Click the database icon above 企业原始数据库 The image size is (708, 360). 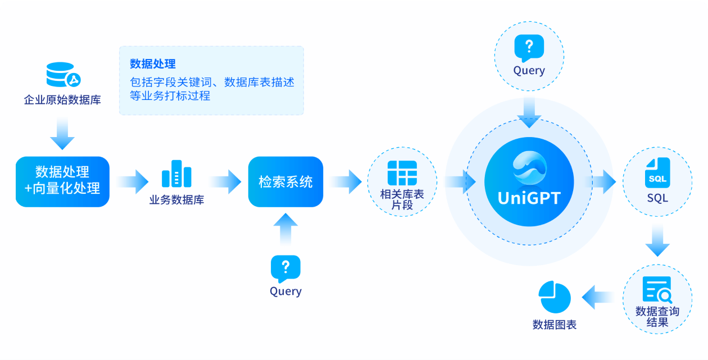(62, 75)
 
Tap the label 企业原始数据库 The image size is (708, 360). (62, 101)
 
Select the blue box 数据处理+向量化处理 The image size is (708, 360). (62, 181)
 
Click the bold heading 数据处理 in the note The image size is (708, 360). (153, 63)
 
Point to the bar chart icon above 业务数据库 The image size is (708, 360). (176, 174)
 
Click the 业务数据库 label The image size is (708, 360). (176, 199)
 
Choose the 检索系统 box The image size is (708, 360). (285, 182)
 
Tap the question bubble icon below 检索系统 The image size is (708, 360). (285, 269)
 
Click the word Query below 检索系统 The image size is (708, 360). (285, 291)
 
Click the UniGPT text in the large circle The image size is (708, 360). (529, 198)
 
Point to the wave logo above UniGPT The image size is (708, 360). (529, 167)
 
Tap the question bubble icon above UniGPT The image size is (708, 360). (529, 48)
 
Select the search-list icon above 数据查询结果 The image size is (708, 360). (657, 290)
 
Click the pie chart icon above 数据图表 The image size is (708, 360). (554, 298)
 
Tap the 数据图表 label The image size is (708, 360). (554, 325)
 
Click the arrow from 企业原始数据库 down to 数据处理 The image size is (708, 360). (62, 134)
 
